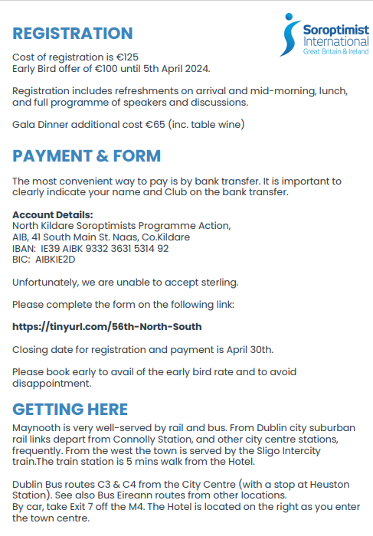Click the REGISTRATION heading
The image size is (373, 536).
point(73,34)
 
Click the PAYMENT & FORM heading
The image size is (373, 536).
point(87,156)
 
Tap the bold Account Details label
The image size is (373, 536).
point(52,214)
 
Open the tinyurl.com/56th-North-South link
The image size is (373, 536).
point(107,327)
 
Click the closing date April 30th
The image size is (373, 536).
point(249,349)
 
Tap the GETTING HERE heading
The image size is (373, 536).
point(70,409)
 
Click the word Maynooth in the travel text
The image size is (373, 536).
point(37,427)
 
